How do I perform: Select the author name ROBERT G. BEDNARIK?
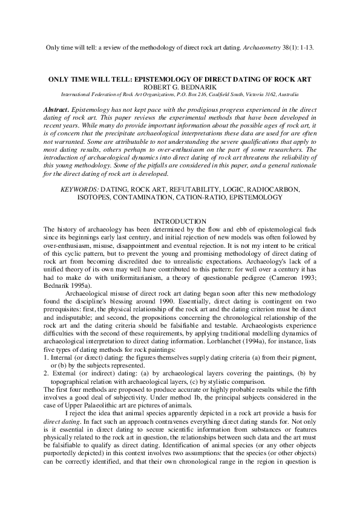(x=179, y=86)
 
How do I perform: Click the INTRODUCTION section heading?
(x=180, y=221)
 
